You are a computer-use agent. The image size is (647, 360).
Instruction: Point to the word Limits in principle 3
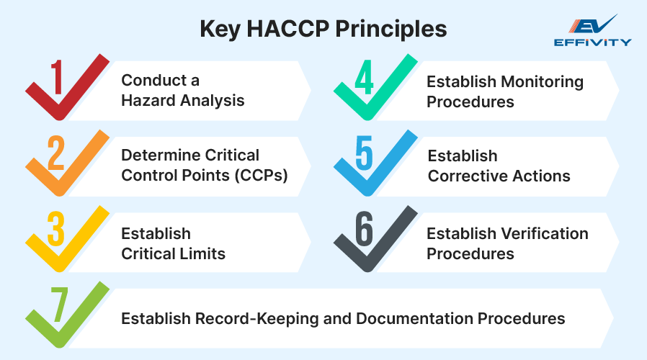tap(203, 253)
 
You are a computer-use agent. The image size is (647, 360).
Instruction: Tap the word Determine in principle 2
tap(156, 156)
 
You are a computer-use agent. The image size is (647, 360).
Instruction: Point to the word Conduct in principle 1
tap(150, 80)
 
